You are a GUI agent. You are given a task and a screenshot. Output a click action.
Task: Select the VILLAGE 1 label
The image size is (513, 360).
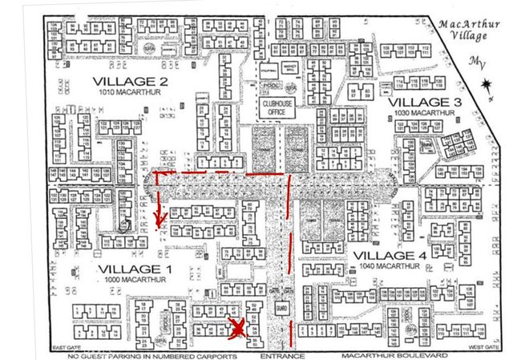[x=129, y=268]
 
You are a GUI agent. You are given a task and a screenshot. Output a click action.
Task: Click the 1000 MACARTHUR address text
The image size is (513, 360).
[x=129, y=279]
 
